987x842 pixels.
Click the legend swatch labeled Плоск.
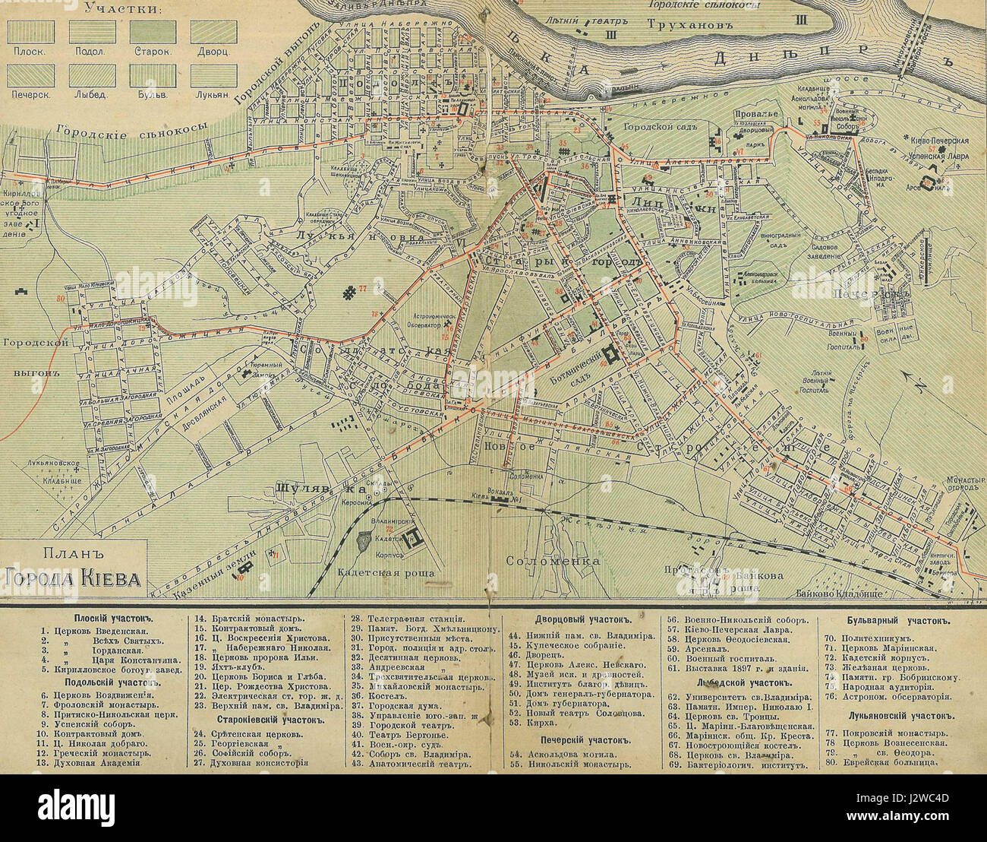(x=31, y=31)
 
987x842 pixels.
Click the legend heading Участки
(x=121, y=9)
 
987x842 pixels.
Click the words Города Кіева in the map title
(x=73, y=580)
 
